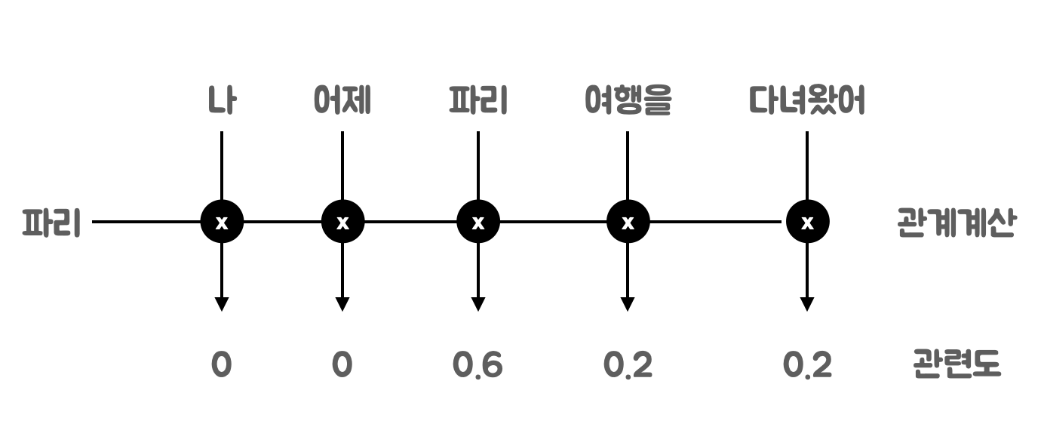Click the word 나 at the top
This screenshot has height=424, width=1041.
(221, 102)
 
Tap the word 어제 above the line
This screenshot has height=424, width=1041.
(342, 102)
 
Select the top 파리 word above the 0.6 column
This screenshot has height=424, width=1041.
(478, 102)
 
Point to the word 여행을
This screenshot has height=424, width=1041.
(628, 102)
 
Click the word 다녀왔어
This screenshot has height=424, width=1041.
(806, 102)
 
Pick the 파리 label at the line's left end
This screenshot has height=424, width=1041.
(51, 223)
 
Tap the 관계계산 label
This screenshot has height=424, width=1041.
(955, 223)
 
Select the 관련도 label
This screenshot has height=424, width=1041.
(955, 366)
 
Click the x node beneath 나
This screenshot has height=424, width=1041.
(222, 223)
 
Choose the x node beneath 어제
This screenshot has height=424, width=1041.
(342, 223)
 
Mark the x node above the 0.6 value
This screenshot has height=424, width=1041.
(478, 223)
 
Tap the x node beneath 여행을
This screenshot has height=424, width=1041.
(628, 223)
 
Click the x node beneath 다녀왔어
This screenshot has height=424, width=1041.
(807, 223)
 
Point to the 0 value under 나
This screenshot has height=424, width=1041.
(221, 366)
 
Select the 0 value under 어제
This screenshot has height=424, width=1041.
(342, 366)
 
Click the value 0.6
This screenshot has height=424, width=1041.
(478, 366)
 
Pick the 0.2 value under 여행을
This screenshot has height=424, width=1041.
(628, 366)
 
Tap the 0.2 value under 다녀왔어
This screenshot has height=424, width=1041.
(807, 366)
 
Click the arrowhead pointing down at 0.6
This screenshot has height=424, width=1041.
(478, 304)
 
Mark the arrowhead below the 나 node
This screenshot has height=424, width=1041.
(222, 304)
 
